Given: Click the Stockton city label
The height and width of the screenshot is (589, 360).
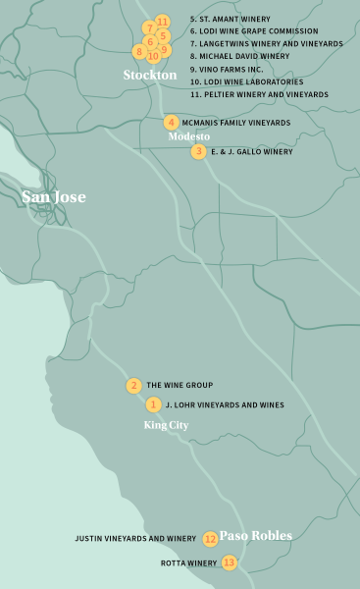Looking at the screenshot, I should [149, 75].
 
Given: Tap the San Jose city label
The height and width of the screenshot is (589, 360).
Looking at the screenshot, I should [54, 197].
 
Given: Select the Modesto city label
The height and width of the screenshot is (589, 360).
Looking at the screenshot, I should [189, 136].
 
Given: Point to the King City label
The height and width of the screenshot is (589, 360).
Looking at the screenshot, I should [166, 425].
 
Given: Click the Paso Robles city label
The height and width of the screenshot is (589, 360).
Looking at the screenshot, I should [255, 536].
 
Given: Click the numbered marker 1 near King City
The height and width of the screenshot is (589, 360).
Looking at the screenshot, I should [154, 404].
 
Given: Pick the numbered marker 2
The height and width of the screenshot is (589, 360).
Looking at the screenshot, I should [133, 386].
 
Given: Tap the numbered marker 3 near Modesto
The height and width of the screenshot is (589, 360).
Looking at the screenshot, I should [199, 151].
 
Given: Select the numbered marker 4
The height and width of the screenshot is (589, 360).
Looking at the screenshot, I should [172, 123].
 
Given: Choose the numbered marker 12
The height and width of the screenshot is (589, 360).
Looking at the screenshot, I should [210, 539].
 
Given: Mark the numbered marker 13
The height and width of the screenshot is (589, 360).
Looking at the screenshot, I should [229, 562].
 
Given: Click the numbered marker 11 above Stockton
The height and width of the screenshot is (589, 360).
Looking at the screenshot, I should [163, 21].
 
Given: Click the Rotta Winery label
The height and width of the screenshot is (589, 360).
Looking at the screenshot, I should [188, 563].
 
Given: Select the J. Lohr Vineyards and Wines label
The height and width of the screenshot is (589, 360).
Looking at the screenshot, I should [225, 404].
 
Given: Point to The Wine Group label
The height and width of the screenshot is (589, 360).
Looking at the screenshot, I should [180, 386].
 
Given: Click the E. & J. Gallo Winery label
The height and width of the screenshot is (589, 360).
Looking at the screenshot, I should [252, 152].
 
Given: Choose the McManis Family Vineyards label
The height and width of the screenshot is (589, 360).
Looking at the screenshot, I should [236, 123].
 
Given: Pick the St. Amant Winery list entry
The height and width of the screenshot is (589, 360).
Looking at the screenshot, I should [231, 19].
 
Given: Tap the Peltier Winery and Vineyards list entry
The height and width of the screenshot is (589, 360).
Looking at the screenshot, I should [259, 94].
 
